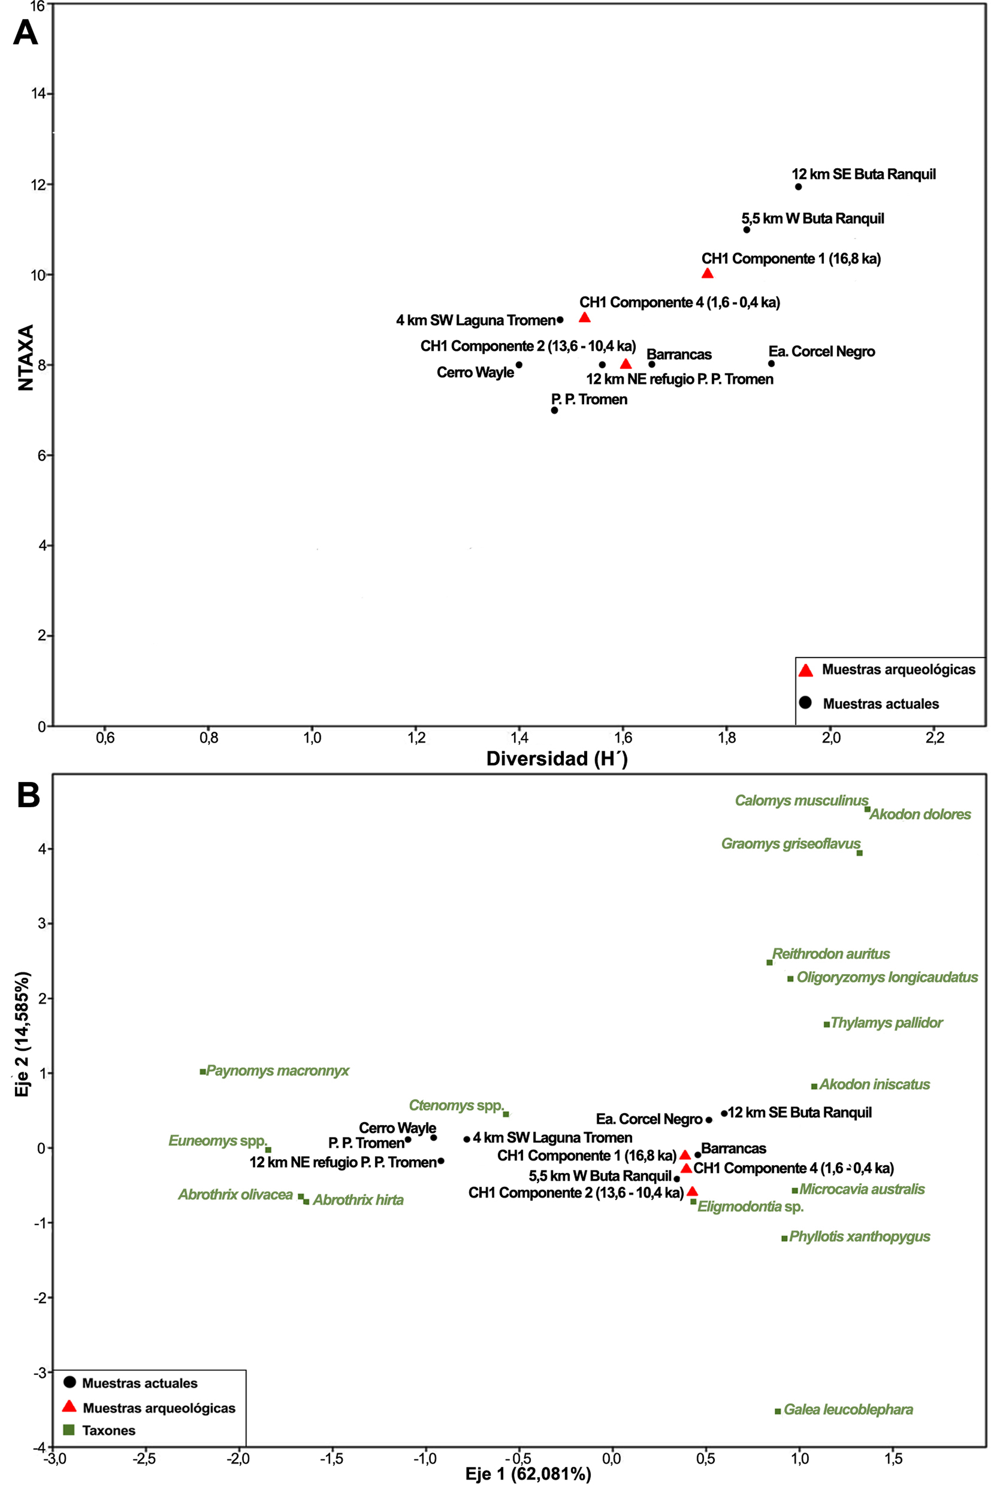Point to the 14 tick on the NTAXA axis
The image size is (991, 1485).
point(39,94)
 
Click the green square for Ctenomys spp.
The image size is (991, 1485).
point(506,1114)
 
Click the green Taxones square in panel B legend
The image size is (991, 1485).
point(70,1430)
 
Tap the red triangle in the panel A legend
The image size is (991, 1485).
point(806,670)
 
